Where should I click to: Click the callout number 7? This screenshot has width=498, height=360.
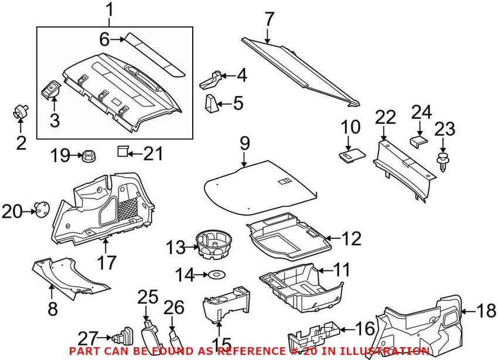click(x=269, y=19)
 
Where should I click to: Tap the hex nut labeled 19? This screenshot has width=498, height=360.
click(x=90, y=156)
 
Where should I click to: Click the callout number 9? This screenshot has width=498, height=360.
click(x=245, y=142)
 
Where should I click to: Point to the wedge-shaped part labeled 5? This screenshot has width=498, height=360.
click(x=211, y=104)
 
